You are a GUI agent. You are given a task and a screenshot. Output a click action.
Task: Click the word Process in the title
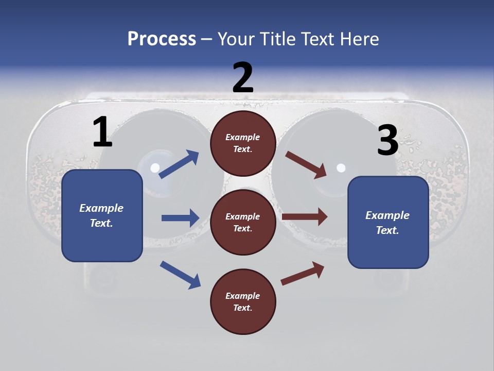click(162, 39)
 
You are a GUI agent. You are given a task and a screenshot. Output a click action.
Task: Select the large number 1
click(102, 132)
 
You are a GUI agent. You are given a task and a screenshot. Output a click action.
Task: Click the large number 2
click(243, 77)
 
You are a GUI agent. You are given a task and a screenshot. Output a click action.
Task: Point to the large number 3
click(387, 140)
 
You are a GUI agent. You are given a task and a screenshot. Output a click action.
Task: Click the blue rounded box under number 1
click(102, 215)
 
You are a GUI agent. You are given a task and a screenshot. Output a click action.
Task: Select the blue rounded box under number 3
click(388, 223)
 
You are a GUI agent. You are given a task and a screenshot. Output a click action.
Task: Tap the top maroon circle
click(243, 143)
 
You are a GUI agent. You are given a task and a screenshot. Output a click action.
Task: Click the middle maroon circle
click(243, 223)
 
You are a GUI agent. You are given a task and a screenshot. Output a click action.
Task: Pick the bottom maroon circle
click(243, 302)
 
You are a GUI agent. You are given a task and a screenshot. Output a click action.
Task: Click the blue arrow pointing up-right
click(179, 164)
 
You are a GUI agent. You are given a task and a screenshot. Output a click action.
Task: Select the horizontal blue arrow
click(180, 218)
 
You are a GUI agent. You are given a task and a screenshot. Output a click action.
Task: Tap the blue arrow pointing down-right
click(180, 275)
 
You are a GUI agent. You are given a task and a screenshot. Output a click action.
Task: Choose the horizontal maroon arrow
click(305, 217)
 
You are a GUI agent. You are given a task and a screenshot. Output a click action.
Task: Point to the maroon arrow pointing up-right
click(303, 273)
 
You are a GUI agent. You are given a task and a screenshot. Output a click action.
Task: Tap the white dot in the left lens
click(155, 167)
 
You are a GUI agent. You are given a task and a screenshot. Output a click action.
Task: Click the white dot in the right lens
click(341, 167)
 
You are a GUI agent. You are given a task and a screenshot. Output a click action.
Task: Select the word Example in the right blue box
click(387, 215)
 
